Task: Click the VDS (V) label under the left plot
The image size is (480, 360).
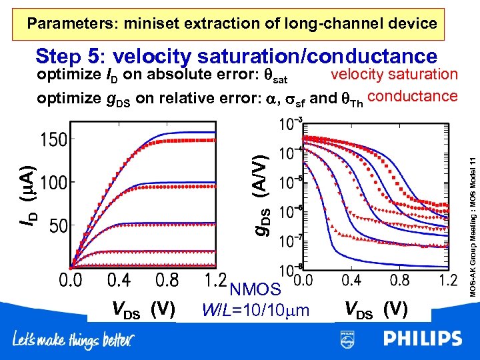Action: coord(143,309)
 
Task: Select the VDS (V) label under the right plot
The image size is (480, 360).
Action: coord(377,309)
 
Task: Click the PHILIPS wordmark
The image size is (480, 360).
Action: coord(422,339)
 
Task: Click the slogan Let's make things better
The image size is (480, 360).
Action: coord(73,341)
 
